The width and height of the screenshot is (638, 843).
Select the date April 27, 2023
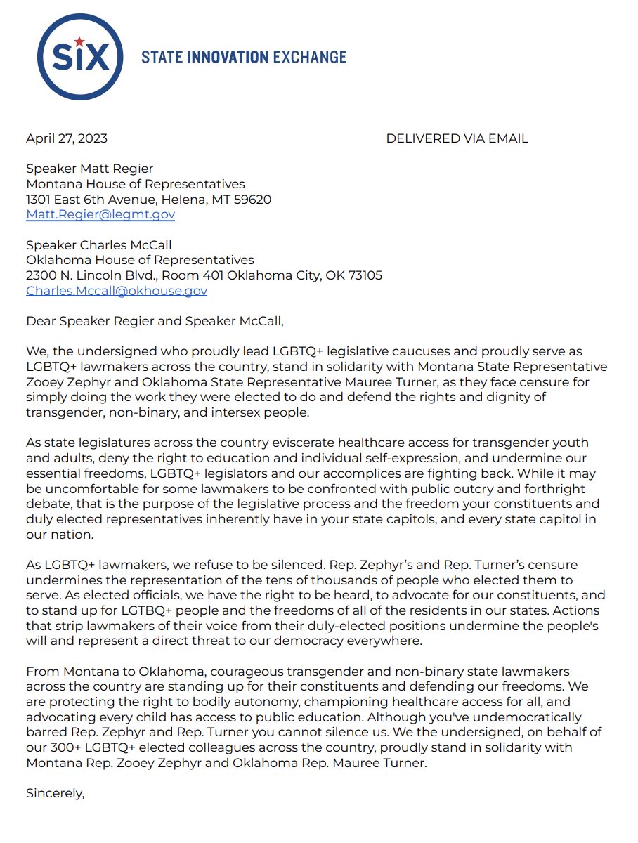pos(67,138)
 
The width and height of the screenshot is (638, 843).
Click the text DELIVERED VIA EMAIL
pos(457,138)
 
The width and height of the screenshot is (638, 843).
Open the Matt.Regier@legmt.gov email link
pos(100,215)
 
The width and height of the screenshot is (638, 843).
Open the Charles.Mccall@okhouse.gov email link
pos(117,291)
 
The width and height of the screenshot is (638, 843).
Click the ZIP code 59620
pos(254,200)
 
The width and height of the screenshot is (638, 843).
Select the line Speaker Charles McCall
pos(99,245)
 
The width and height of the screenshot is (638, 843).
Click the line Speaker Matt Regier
pos(89,169)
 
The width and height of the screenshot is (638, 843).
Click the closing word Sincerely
pos(55,794)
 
